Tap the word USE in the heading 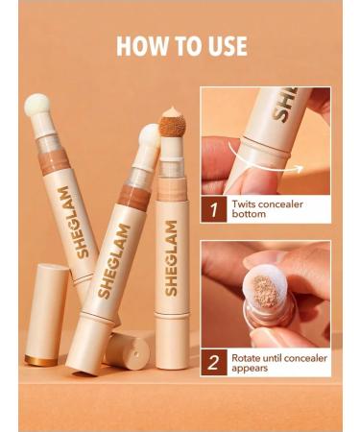(x=225, y=46)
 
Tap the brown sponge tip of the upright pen (x=173, y=124)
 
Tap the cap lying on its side (x=129, y=349)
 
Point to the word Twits (x=250, y=203)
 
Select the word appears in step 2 (x=254, y=369)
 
